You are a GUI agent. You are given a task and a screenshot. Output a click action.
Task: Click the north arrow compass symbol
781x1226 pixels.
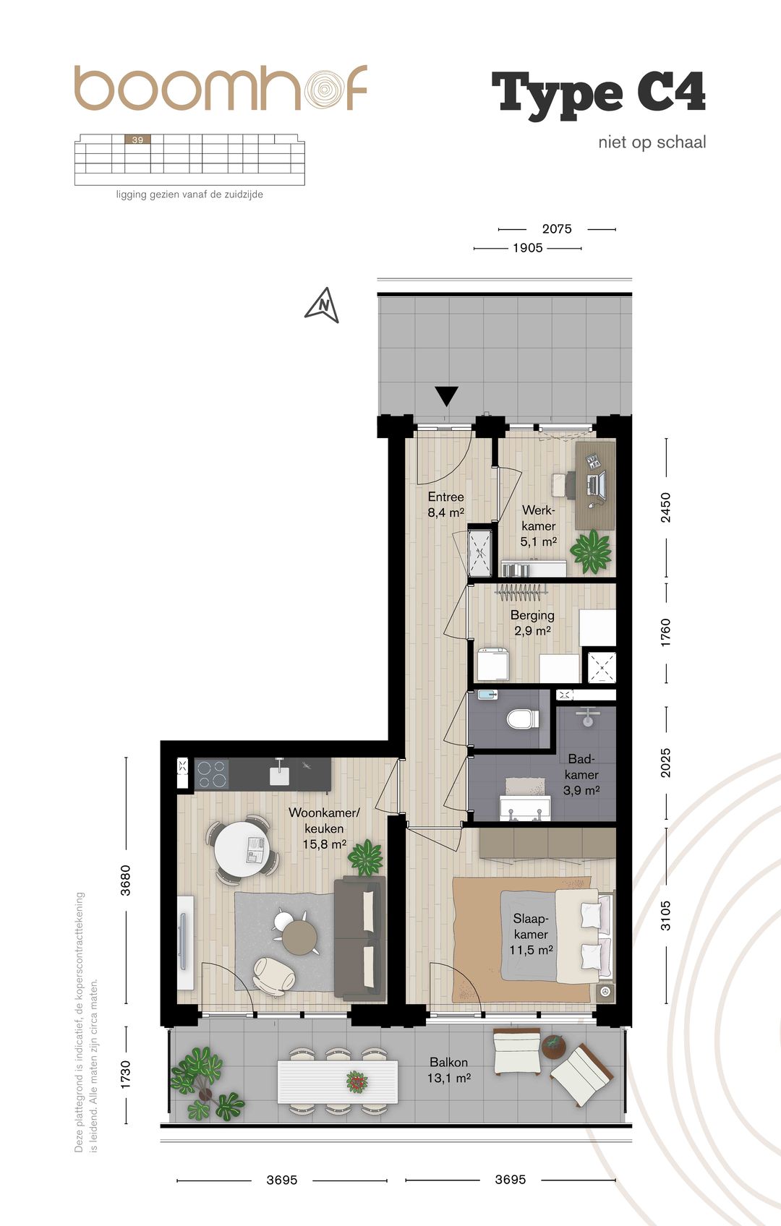pos(322,304)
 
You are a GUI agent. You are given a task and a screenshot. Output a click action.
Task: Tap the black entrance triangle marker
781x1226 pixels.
pos(446,396)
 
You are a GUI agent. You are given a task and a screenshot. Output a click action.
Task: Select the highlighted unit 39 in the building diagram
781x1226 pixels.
pos(137,140)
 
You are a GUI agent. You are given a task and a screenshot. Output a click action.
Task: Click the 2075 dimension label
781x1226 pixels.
pos(556,228)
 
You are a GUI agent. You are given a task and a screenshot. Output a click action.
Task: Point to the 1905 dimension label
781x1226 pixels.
pos(527,248)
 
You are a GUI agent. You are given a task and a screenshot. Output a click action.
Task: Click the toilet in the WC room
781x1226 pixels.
pos(521,719)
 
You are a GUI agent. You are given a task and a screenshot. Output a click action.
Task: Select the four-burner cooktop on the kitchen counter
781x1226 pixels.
pos(212,773)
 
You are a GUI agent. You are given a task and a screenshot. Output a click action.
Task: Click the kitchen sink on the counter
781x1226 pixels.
pos(279,772)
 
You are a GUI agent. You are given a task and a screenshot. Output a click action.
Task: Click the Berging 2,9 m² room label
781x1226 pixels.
pos(532,623)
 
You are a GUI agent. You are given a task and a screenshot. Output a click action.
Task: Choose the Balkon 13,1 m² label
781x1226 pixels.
pos(449,1070)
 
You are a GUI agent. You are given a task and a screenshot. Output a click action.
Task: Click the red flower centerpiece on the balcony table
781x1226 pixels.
pos(357,1081)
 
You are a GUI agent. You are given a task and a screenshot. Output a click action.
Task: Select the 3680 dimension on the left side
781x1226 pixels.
pos(125,880)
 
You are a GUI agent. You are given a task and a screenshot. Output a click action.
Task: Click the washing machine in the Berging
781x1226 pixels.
pos(493,664)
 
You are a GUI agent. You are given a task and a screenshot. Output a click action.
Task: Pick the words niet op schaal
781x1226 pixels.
pos(652,142)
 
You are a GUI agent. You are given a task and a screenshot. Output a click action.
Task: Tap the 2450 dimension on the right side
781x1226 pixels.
pos(665,507)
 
